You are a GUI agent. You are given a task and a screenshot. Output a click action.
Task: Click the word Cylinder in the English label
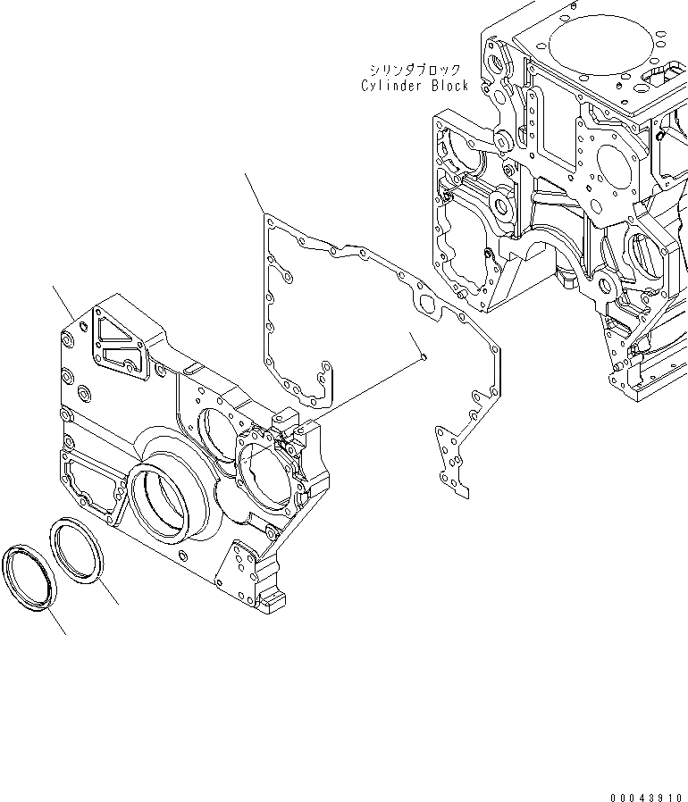click(x=394, y=86)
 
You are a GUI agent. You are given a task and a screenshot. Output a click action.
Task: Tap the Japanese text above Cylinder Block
click(x=414, y=70)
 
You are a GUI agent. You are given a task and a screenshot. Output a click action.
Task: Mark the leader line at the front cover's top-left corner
click(x=63, y=304)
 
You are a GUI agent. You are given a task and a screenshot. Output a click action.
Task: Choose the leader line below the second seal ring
click(x=108, y=595)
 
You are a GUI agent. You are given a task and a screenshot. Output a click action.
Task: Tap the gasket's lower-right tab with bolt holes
click(x=450, y=460)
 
